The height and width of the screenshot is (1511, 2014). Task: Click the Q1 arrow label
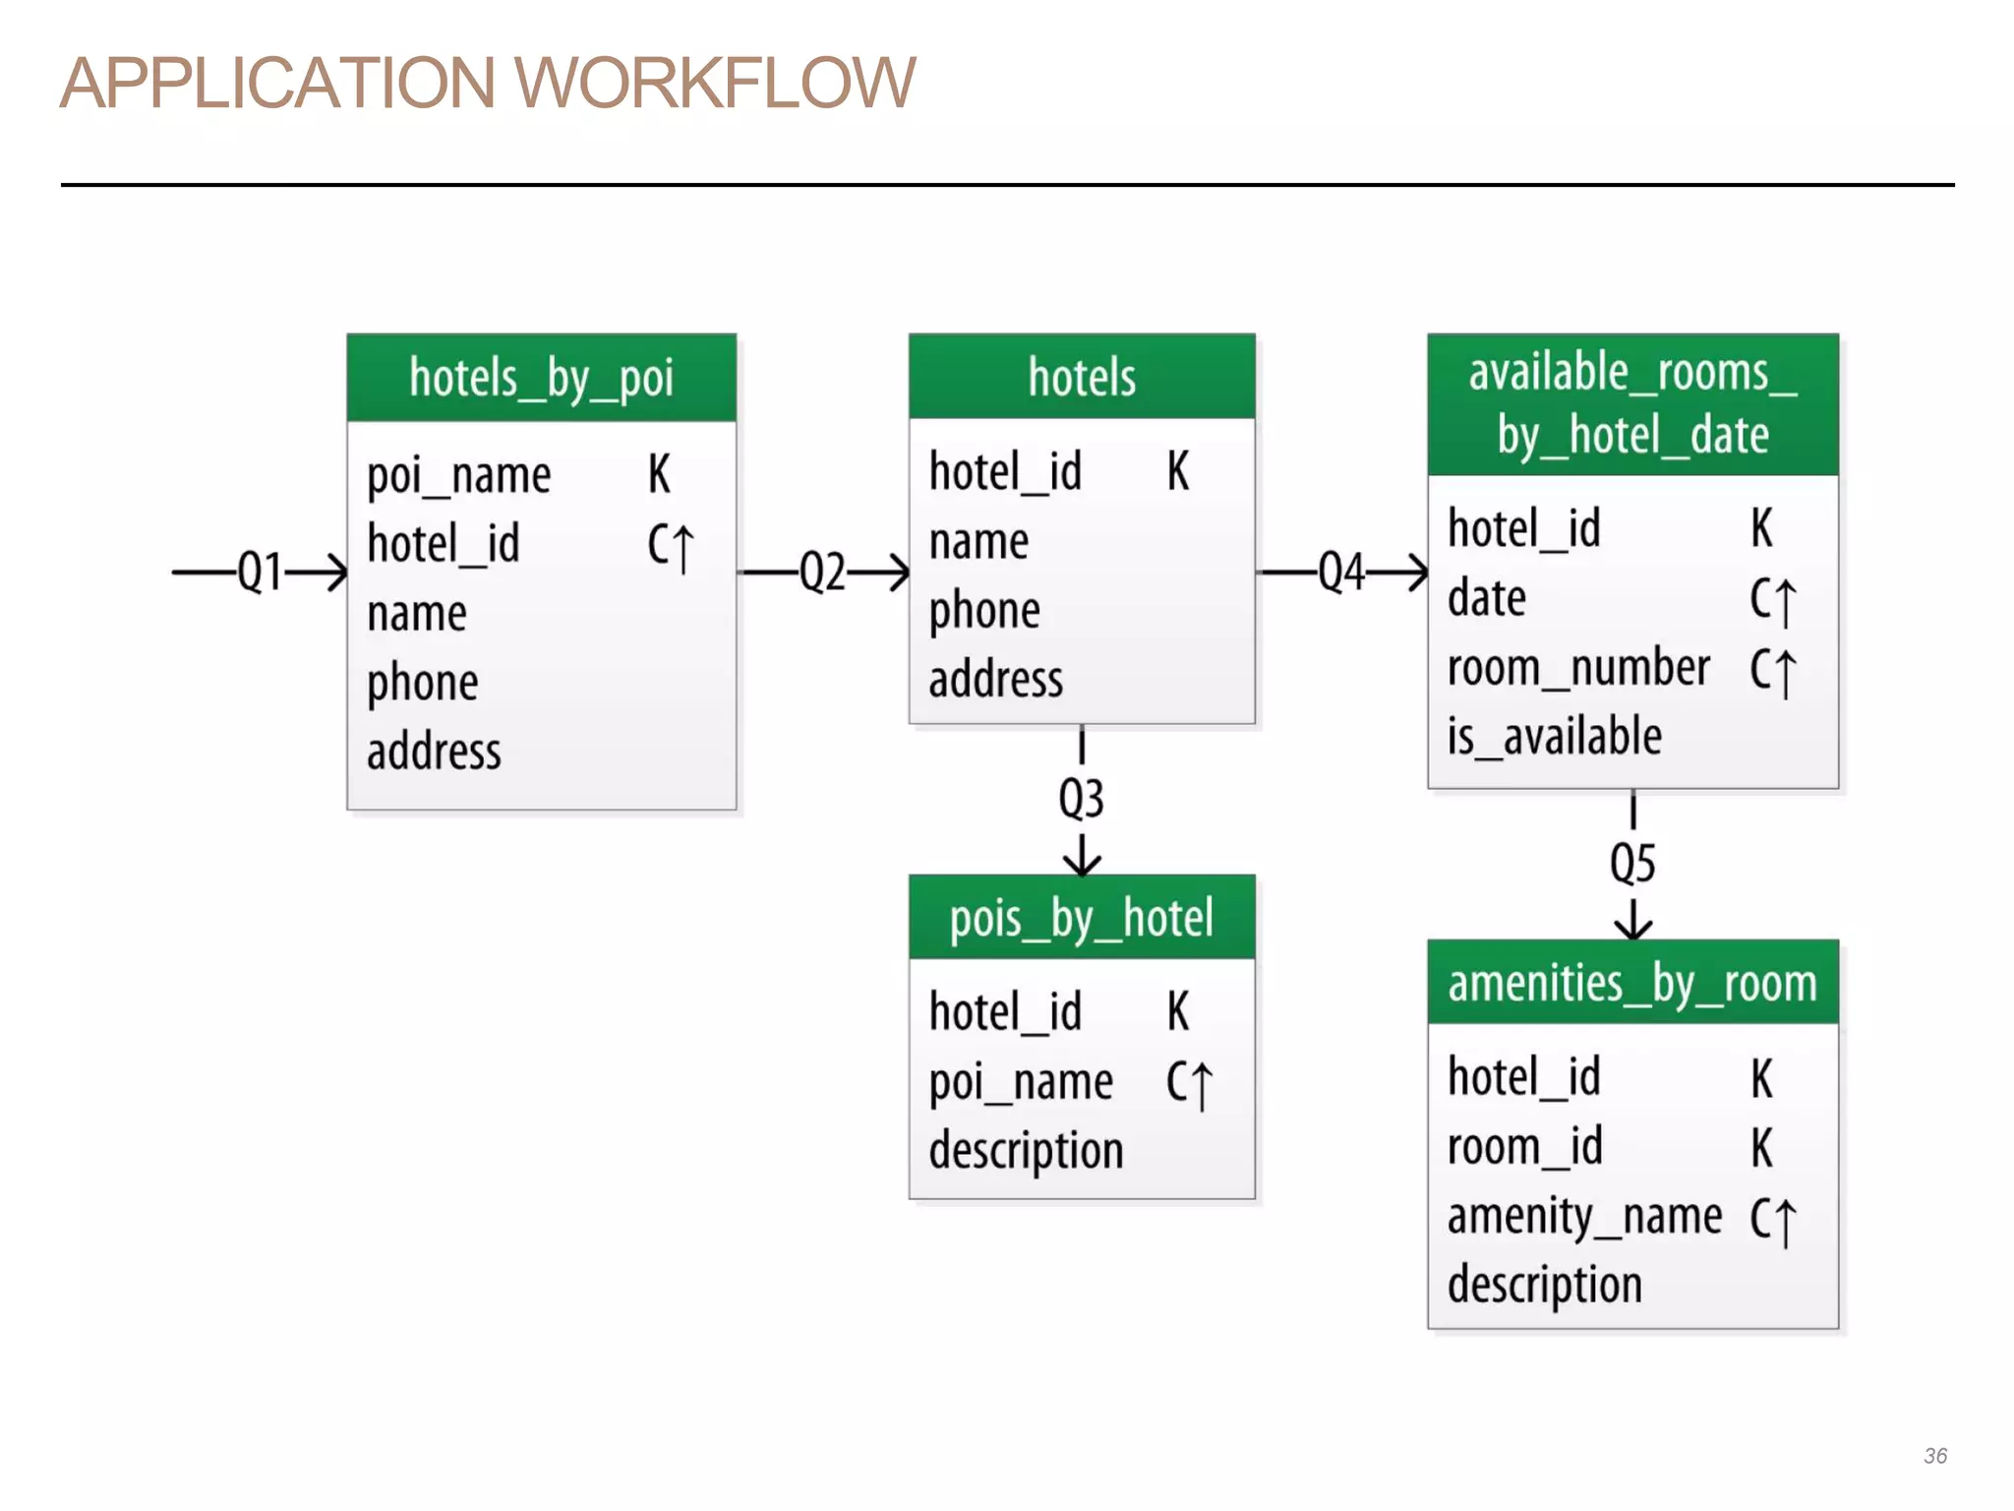[x=260, y=572]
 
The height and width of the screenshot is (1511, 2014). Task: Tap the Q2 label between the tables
[x=822, y=572]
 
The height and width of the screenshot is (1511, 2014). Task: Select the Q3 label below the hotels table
[x=1081, y=799]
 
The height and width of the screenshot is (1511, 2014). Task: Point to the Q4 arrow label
[x=1341, y=572]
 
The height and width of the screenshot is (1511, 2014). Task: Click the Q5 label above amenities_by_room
[x=1632, y=864]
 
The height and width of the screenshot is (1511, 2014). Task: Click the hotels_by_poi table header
[x=541, y=379]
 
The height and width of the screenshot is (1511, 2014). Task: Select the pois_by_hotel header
[x=1082, y=919]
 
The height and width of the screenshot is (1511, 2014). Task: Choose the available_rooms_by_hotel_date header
[x=1632, y=404]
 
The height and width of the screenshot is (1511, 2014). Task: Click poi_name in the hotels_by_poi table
[x=458, y=476]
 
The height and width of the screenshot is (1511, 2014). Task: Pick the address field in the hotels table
[x=995, y=680]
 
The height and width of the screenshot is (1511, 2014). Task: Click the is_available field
[x=1554, y=737]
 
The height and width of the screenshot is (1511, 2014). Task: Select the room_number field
[x=1578, y=668]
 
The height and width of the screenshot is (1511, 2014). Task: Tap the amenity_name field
[x=1584, y=1217]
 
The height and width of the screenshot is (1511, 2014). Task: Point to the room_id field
[x=1524, y=1147]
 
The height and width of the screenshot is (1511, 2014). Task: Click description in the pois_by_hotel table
[x=1026, y=1151]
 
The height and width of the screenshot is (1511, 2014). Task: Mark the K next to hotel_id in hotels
[x=1178, y=471]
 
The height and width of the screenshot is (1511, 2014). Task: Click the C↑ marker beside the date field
[x=1772, y=599]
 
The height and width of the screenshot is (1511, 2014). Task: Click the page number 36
[x=1935, y=1456]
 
